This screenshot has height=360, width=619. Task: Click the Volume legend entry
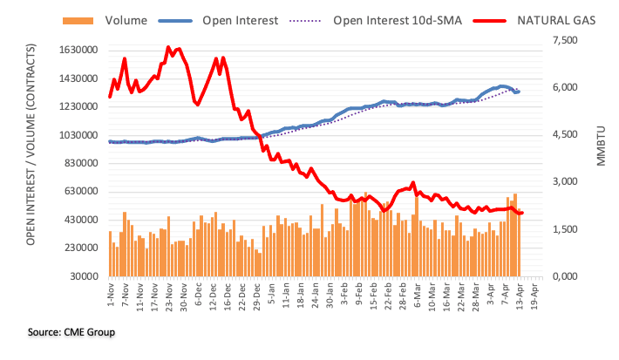pyautogui.click(x=113, y=18)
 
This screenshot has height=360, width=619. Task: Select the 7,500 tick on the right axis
pyautogui.click(x=564, y=40)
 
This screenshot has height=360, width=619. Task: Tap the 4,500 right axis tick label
pyautogui.click(x=564, y=135)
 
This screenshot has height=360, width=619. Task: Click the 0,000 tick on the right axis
pyautogui.click(x=564, y=276)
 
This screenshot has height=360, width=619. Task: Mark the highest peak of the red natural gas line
pyautogui.click(x=167, y=47)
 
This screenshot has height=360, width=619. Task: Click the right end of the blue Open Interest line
pyautogui.click(x=519, y=91)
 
